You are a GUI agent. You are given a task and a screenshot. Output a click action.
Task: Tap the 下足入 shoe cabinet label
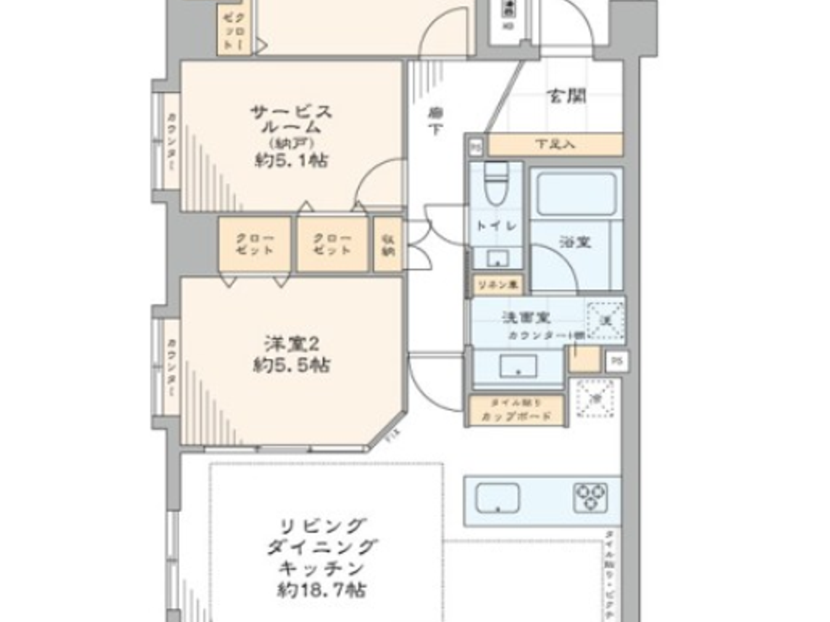(555, 145)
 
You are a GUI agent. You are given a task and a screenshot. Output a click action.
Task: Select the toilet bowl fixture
(496, 184)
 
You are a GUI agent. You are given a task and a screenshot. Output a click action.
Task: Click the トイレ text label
(497, 225)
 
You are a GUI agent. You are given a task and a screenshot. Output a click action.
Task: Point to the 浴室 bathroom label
(575, 242)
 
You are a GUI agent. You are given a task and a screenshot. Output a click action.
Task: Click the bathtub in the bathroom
(576, 193)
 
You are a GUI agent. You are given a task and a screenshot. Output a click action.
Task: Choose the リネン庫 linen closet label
(497, 285)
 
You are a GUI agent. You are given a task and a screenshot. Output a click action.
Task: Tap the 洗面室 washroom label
(526, 318)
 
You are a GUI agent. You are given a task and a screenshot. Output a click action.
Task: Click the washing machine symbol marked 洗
(605, 320)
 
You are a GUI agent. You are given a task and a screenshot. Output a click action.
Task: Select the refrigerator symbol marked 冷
(595, 398)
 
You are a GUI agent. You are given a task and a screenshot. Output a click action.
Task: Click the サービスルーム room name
(291, 119)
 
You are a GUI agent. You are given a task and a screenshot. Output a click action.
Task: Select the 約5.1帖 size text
(291, 160)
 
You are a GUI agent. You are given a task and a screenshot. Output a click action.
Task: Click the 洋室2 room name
(292, 344)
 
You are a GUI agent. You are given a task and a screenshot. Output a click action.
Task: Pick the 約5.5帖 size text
(292, 365)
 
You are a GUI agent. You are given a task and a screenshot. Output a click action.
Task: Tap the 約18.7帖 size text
(321, 590)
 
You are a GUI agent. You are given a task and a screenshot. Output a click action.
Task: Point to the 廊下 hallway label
(436, 120)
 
